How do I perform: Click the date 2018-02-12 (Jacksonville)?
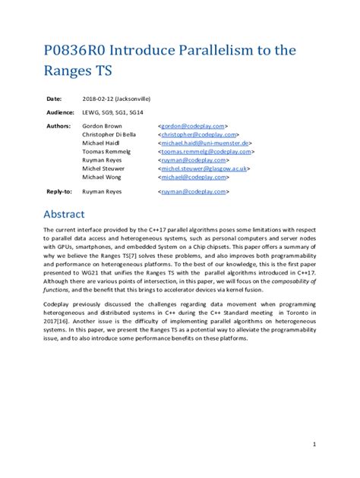tap(116, 99)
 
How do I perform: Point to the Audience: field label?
tap(60, 112)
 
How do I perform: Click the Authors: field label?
tap(58, 125)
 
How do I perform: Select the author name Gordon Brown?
tap(103, 125)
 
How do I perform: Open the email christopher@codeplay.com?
tap(200, 134)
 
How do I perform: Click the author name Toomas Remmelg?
tap(106, 151)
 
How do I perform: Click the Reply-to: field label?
tap(59, 192)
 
